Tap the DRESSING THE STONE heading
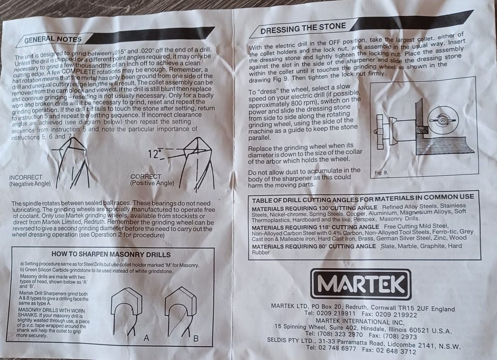pos(303,28)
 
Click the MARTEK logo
pos(361,284)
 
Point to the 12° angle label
pos(155,154)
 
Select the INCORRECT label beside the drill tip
pos(26,177)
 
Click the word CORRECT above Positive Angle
pos(146,176)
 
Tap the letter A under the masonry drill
pos(146,338)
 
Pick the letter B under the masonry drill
pos(196,338)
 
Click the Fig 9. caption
pos(381,173)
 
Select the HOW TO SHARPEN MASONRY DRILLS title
pos(111,254)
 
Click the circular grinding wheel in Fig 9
pos(443,121)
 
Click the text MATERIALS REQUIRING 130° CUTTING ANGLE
pos(314,208)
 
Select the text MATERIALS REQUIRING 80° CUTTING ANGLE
pos(314,246)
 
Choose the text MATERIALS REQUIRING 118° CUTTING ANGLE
pos(315,228)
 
